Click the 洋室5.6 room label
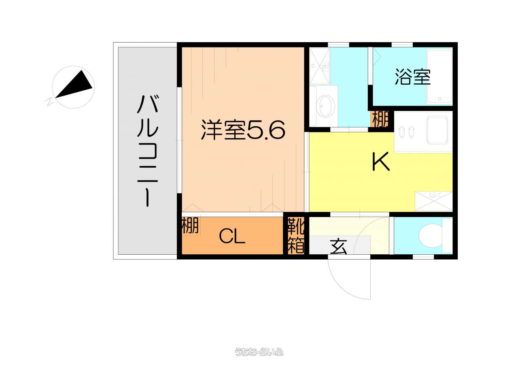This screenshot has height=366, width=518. click(x=243, y=130)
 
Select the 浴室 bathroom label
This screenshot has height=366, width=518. click(x=412, y=77)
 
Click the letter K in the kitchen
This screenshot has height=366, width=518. click(x=381, y=162)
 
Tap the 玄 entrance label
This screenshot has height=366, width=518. click(x=338, y=247)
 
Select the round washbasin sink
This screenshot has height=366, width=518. click(x=325, y=106)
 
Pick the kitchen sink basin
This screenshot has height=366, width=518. click(x=437, y=130)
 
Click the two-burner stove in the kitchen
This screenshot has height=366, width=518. click(x=408, y=132)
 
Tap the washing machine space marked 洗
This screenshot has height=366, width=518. click(x=320, y=66)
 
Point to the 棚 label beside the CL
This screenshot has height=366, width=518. click(x=191, y=226)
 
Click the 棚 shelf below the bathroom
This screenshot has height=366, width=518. click(x=380, y=119)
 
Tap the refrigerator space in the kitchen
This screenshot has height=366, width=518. click(x=433, y=201)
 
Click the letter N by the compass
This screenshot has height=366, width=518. click(x=49, y=101)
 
